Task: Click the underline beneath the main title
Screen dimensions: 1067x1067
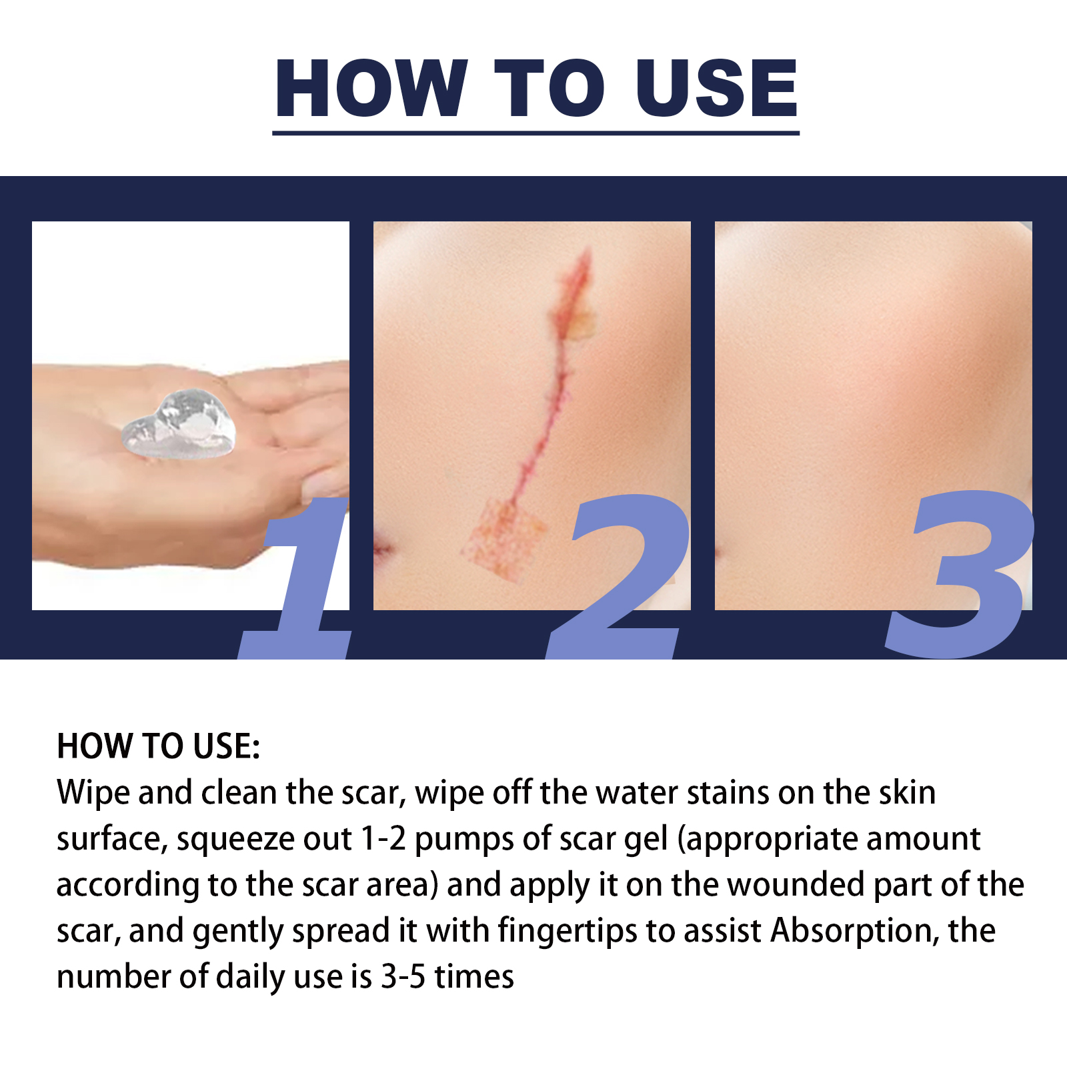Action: point(536,133)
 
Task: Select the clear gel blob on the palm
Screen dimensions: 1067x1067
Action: point(180,425)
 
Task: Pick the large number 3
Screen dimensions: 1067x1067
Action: point(960,574)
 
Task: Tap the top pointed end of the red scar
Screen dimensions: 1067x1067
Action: point(587,253)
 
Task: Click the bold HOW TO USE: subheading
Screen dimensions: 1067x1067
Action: point(158,746)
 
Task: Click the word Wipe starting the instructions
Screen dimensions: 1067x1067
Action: point(93,793)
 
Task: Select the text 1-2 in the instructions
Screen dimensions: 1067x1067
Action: point(383,839)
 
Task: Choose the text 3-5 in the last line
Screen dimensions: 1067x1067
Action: point(403,977)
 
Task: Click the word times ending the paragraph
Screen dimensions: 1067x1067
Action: point(474,977)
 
